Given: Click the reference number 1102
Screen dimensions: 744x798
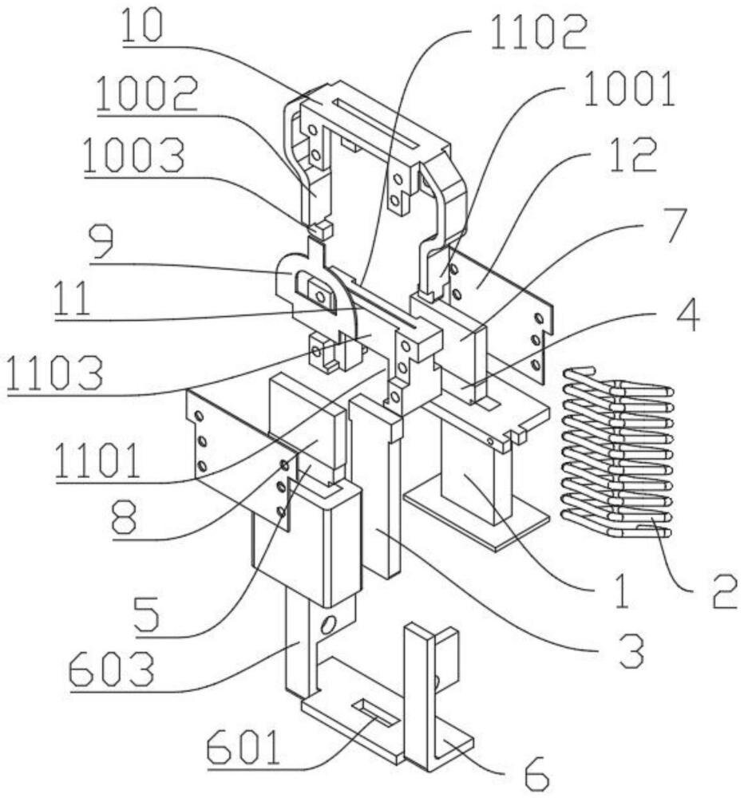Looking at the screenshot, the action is tap(539, 32).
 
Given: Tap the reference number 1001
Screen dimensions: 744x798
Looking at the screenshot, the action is tap(629, 89).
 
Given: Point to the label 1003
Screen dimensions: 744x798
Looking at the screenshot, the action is tap(133, 156).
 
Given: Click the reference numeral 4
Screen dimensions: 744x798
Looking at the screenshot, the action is tap(687, 314).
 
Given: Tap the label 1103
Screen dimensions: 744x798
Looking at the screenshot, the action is tap(55, 373).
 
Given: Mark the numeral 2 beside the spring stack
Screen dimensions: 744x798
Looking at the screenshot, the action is tap(725, 591).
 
